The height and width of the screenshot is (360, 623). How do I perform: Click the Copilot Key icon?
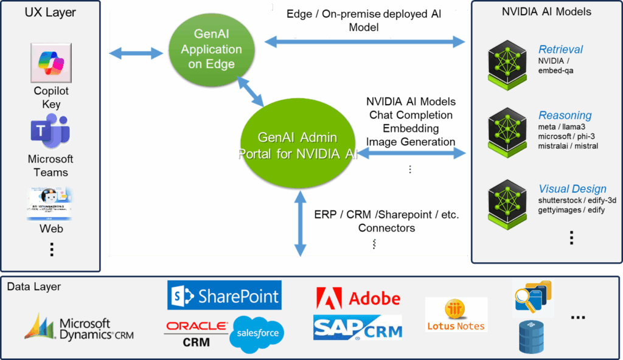[51, 63]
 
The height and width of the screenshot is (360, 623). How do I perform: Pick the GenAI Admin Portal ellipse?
[298, 146]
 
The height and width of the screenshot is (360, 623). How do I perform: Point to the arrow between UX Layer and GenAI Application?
[137, 53]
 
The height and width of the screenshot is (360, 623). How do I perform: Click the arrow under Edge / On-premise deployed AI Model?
[364, 41]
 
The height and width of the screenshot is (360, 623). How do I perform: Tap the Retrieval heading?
[560, 49]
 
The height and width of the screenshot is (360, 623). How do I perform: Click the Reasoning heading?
[565, 115]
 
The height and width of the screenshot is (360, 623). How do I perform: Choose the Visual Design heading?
[572, 189]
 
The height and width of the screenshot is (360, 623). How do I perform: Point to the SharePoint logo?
[224, 296]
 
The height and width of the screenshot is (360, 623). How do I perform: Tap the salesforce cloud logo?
[257, 334]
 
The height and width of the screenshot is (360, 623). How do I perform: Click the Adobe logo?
[358, 297]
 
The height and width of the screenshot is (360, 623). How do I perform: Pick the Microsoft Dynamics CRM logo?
[79, 328]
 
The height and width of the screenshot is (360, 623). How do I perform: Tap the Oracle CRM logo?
[196, 334]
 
